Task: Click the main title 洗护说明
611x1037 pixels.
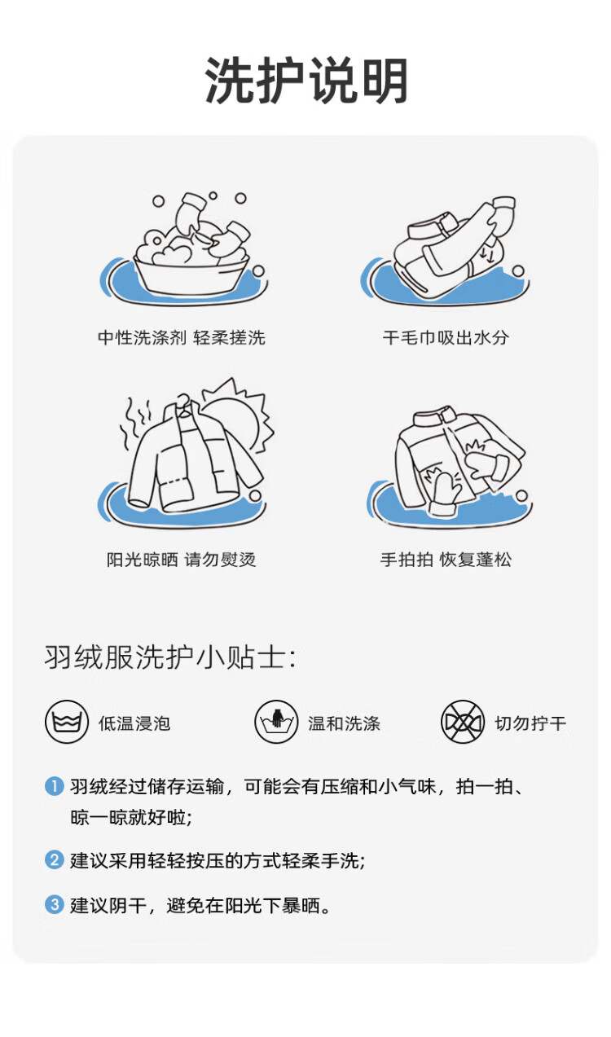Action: click(x=306, y=80)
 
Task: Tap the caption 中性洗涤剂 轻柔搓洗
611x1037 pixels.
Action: click(x=182, y=337)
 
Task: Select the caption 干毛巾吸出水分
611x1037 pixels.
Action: click(x=446, y=337)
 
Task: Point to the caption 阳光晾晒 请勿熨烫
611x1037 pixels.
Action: click(x=182, y=560)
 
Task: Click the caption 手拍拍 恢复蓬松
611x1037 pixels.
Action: click(x=446, y=560)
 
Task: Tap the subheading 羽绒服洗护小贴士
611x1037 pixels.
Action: click(x=170, y=657)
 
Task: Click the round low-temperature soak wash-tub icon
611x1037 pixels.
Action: click(x=67, y=722)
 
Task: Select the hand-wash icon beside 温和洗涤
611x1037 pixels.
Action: click(x=276, y=722)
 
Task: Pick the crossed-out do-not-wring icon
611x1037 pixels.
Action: click(x=463, y=722)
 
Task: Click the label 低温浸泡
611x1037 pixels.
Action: click(x=134, y=723)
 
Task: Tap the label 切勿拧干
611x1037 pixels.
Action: click(x=530, y=723)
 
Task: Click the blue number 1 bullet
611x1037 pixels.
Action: click(x=54, y=786)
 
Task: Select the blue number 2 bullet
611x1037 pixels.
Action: click(x=54, y=860)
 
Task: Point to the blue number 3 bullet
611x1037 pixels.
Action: click(x=54, y=904)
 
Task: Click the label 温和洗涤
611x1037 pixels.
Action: click(x=344, y=723)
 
